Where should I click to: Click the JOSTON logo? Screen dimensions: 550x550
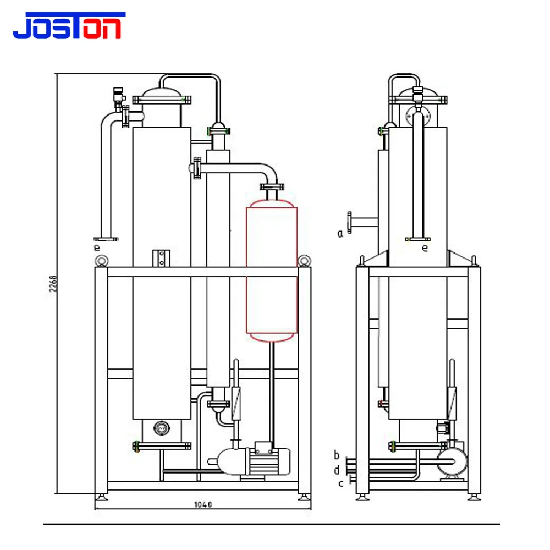[x=69, y=25]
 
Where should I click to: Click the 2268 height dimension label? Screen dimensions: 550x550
[x=53, y=284]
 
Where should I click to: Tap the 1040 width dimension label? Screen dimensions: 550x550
[x=203, y=504]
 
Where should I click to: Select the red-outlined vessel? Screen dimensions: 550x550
[x=272, y=271]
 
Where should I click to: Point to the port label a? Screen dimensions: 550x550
[x=340, y=233]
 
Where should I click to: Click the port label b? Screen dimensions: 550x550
[x=337, y=455]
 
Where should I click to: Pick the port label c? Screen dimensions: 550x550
[x=340, y=483]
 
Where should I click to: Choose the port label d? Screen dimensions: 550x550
[x=337, y=470]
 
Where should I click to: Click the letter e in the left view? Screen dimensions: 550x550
[x=97, y=248]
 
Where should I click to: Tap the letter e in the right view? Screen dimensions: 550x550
[x=425, y=248]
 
